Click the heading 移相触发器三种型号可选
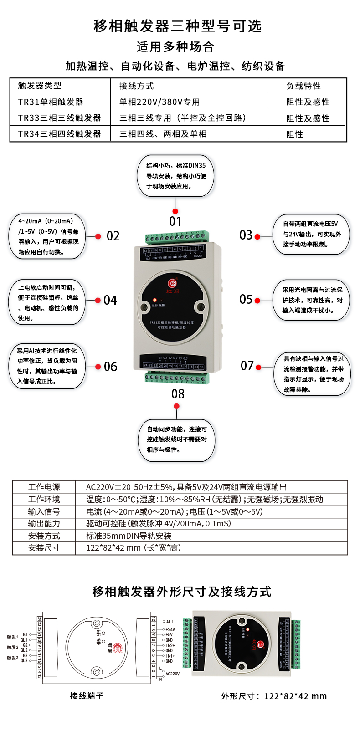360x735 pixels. (178, 26)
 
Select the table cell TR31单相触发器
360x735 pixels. (51, 102)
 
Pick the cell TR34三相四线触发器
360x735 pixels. (59, 134)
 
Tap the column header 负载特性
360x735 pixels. (303, 86)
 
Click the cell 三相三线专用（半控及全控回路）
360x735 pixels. (183, 118)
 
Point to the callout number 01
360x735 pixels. (175, 222)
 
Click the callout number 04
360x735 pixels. (110, 301)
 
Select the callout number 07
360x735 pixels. (247, 366)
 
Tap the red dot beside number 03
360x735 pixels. (257, 237)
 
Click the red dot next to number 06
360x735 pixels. (98, 367)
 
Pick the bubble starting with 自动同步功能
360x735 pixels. (176, 439)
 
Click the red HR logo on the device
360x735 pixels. (173, 283)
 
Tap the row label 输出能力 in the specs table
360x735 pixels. (44, 524)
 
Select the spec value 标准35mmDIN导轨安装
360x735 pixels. (129, 536)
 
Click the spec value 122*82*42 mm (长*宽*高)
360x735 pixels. (134, 548)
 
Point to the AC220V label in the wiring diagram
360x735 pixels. (172, 674)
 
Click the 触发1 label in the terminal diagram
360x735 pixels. (12, 637)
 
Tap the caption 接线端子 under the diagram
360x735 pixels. (87, 696)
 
